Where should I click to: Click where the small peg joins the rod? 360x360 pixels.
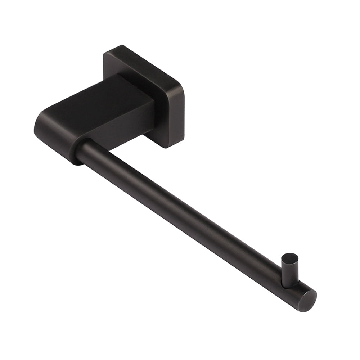[x=290, y=284]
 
